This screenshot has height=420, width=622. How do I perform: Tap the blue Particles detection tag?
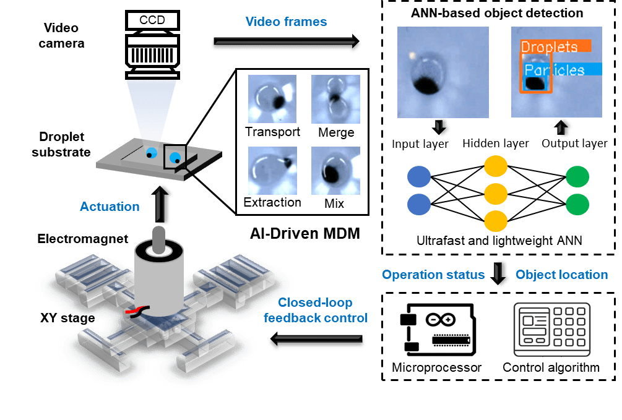coord(560,70)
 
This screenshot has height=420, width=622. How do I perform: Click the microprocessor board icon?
coord(436,331)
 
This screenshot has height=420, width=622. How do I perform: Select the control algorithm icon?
coord(551,329)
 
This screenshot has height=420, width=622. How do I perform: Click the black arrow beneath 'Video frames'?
coord(287,43)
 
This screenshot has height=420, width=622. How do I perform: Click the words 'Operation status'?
coord(433,274)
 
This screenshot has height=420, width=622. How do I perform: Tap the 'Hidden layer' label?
coord(495,144)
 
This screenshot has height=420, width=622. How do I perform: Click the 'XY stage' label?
coord(67,318)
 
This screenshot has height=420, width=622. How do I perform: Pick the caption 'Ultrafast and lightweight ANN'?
coord(499,240)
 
